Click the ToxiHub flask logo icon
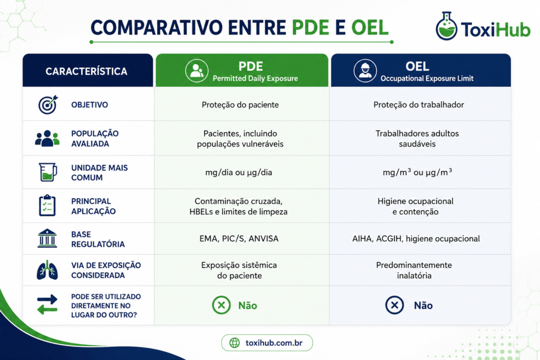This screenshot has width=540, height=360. [446, 26]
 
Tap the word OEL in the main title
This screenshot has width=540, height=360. [370, 27]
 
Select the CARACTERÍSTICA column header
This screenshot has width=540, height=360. [86, 71]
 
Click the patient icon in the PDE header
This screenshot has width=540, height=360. [197, 71]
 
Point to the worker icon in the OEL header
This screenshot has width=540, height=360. [365, 71]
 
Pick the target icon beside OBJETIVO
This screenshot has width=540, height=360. [48, 105]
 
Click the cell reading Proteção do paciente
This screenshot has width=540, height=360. [240, 105]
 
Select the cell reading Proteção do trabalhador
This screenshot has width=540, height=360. [418, 105]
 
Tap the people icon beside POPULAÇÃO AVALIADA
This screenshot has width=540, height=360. [47, 138]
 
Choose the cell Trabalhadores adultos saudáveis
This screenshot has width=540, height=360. [417, 138]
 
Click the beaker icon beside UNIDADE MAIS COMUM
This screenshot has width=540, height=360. [48, 172]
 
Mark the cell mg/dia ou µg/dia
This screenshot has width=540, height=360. [238, 172]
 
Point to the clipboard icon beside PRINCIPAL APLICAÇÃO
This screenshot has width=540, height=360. [47, 206]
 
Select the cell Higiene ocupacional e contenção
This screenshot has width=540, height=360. [416, 206]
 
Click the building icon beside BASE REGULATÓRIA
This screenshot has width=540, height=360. [47, 238]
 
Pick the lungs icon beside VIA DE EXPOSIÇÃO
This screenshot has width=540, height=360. [47, 270]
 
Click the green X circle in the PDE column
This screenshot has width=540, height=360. [221, 305]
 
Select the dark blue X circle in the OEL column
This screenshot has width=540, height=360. [394, 305]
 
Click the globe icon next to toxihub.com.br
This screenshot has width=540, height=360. [235, 343]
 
